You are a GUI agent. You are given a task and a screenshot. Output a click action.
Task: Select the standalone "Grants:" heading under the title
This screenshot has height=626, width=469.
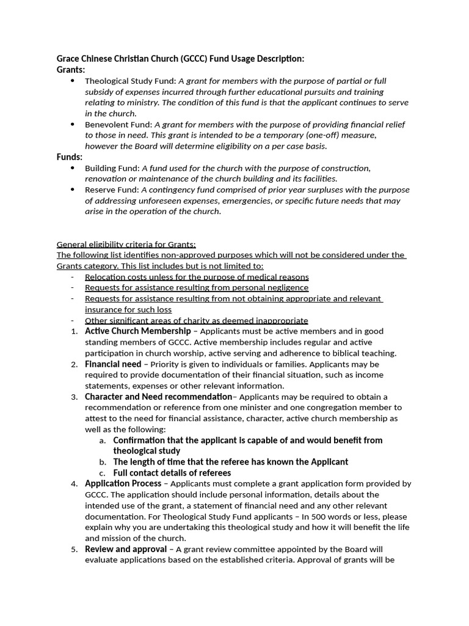pyautogui.click(x=71, y=70)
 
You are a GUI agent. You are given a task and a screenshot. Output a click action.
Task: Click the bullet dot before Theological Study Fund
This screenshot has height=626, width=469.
pyautogui.click(x=73, y=81)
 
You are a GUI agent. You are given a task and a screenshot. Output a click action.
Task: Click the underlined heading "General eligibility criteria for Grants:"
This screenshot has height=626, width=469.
pyautogui.click(x=126, y=244)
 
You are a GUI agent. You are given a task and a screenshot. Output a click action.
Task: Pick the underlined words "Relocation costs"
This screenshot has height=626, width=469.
pyautogui.click(x=116, y=277)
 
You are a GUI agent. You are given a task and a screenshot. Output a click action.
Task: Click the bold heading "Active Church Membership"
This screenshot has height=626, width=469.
pyautogui.click(x=137, y=331)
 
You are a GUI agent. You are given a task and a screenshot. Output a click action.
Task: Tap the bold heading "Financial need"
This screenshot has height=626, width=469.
pyautogui.click(x=113, y=364)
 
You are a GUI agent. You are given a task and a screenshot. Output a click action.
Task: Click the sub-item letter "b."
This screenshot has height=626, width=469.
pyautogui.click(x=102, y=462)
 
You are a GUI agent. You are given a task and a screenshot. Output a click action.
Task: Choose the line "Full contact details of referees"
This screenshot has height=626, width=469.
pyautogui.click(x=172, y=473)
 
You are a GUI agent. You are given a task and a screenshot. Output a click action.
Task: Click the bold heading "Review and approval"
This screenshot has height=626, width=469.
pyautogui.click(x=125, y=550)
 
